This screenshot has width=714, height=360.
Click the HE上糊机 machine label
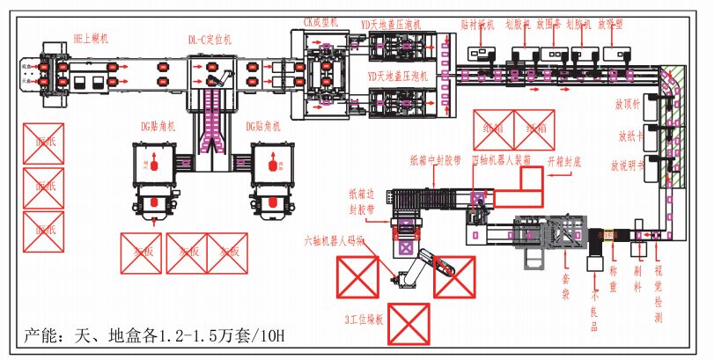[91, 39]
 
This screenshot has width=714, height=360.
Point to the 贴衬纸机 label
[478, 26]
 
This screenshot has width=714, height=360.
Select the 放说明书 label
[628, 165]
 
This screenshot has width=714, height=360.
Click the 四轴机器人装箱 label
[502, 160]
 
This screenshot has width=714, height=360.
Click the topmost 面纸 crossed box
[43, 143]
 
